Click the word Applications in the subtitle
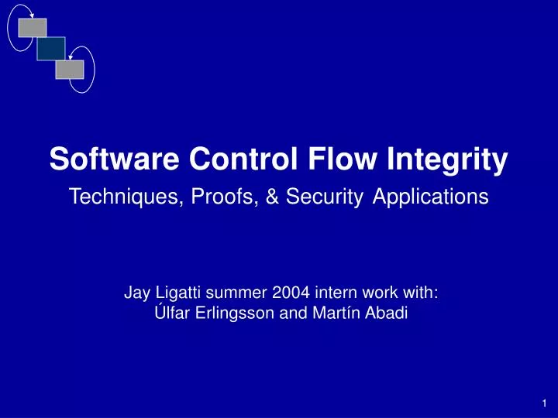click(x=431, y=197)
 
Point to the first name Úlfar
click(x=166, y=313)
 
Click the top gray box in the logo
click(x=33, y=28)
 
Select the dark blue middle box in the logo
click(x=51, y=48)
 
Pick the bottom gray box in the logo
click(x=69, y=69)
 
